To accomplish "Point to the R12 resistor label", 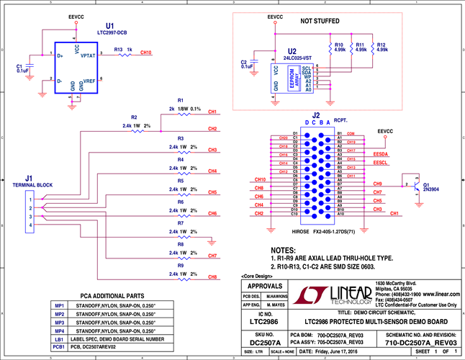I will [381, 45].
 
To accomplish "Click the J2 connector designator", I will [316, 114].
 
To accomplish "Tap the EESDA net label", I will [381, 153].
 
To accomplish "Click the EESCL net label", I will [381, 164].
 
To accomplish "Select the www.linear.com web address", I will [441, 294].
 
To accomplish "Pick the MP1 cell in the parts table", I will [59, 305].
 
